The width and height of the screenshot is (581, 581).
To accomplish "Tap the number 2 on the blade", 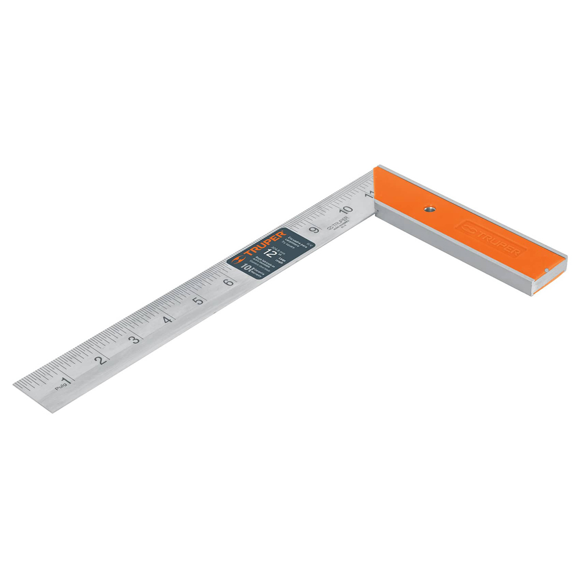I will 101,360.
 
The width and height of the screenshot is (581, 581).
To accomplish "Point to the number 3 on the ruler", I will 134,339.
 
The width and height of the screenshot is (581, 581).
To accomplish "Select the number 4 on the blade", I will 167,320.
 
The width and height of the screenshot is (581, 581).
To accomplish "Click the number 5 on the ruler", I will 199,301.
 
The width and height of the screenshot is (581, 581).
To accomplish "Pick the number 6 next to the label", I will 229,283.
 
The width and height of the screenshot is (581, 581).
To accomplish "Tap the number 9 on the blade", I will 314,230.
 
